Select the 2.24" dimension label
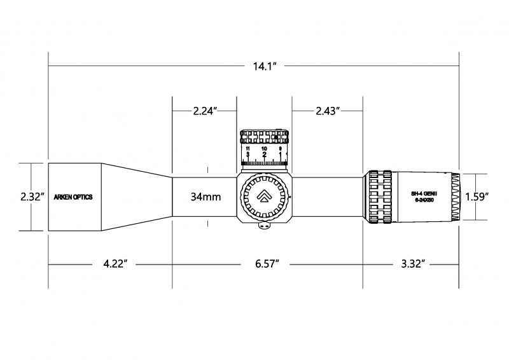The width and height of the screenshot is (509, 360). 206,111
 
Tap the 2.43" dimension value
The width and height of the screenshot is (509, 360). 327,111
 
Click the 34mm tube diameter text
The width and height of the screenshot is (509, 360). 206,197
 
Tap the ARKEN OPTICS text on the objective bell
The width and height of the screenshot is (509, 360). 74,197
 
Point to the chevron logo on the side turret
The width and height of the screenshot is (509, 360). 264,197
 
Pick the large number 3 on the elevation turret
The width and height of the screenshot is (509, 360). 247,155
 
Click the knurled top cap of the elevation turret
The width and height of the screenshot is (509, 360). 264,136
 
